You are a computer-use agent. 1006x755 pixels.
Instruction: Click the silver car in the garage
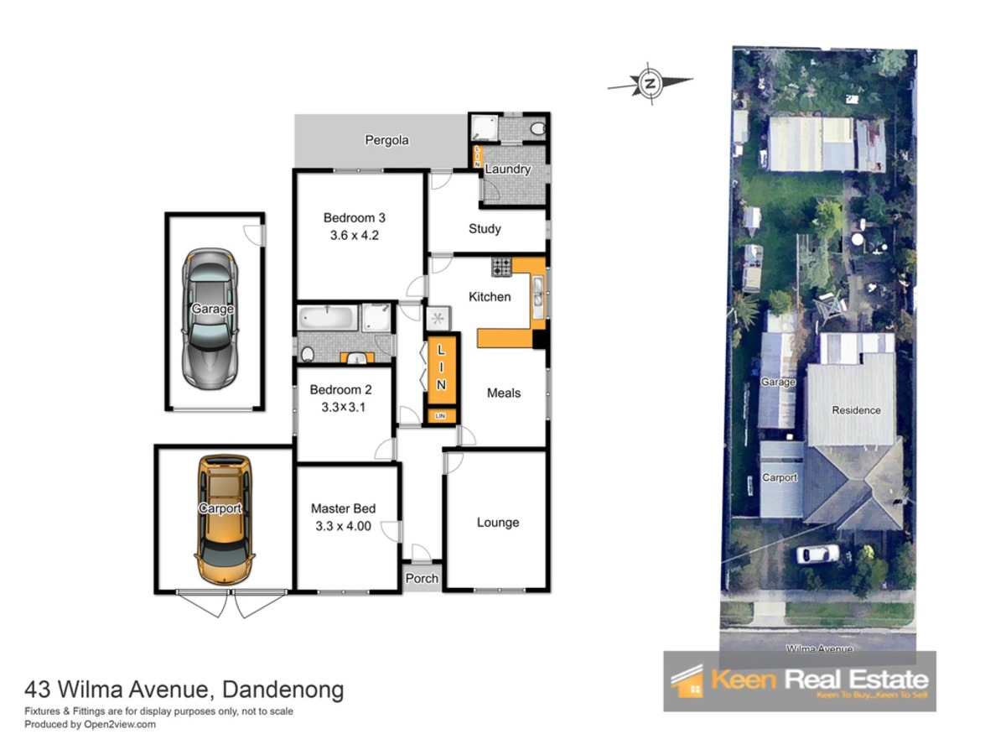tap(210, 319)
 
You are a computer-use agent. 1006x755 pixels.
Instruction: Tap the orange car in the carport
tap(224, 520)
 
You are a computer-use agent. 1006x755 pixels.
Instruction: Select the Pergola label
tap(386, 140)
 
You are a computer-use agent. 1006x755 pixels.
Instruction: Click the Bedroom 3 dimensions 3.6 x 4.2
tap(355, 235)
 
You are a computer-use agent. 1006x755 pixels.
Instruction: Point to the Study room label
tap(485, 229)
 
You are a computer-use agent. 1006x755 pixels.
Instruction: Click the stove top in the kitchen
tap(501, 266)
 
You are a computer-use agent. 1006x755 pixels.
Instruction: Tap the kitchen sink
tap(537, 296)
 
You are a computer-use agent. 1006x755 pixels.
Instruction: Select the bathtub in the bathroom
tap(327, 317)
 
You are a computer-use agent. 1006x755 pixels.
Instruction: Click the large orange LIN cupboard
tap(441, 370)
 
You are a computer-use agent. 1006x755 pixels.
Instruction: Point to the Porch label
tap(422, 579)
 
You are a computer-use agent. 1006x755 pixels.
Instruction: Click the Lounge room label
tap(498, 523)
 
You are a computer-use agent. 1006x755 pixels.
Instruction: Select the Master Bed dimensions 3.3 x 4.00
tap(343, 526)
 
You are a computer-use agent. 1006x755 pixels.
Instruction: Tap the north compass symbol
tap(650, 83)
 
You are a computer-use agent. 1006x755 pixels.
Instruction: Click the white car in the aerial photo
tap(817, 554)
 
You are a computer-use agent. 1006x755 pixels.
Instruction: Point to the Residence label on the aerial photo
tap(856, 410)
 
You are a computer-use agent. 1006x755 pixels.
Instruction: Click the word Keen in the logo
tap(744, 679)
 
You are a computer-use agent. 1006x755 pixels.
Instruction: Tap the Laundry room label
tap(507, 169)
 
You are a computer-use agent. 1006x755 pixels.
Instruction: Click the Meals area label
tap(504, 393)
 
